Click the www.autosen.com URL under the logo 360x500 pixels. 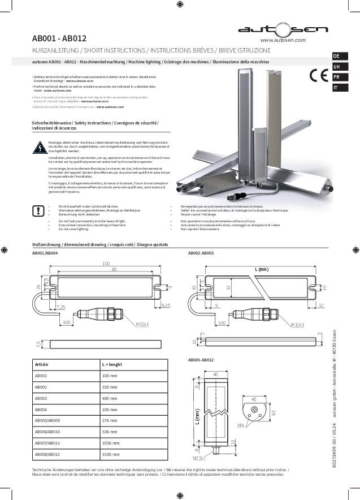[x=283, y=41]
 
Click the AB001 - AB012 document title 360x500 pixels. [x=59, y=38]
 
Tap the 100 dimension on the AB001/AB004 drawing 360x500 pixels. [x=106, y=264]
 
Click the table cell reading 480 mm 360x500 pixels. [x=110, y=398]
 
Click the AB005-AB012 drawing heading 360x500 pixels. [x=201, y=360]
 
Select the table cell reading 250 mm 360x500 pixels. [x=110, y=387]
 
